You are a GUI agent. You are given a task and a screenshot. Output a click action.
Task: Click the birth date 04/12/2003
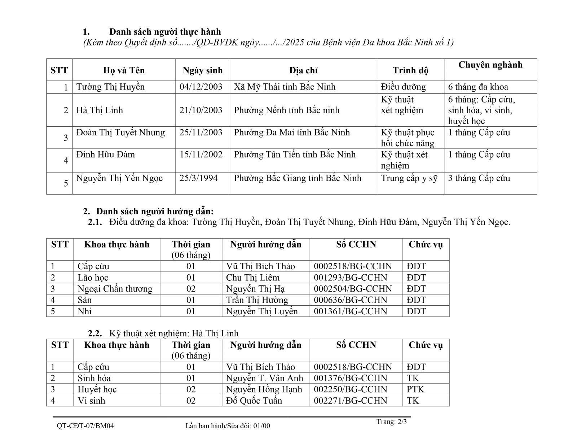(201, 87)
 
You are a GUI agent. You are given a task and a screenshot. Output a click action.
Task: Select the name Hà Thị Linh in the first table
(100, 110)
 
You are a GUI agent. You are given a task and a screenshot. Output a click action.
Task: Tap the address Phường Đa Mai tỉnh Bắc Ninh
(292, 132)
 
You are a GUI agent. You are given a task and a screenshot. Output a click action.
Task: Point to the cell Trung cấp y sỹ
(409, 178)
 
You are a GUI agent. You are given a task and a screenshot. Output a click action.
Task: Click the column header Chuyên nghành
(490, 65)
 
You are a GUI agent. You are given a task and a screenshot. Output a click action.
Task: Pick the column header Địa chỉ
(303, 70)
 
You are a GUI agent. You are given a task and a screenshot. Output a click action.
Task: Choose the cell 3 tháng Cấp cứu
(479, 178)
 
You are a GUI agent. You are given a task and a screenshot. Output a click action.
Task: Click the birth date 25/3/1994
(198, 178)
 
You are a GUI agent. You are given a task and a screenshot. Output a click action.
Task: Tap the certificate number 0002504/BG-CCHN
(352, 289)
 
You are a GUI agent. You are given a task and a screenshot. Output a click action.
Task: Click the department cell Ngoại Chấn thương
(115, 289)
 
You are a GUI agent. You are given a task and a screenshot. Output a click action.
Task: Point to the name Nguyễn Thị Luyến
(262, 311)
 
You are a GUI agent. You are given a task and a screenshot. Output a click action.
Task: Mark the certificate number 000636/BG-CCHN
(350, 300)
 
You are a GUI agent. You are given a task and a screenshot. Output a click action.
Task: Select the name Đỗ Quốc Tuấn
(254, 401)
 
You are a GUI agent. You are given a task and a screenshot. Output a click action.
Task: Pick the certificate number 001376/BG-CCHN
(350, 378)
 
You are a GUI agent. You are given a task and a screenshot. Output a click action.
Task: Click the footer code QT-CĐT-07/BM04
(85, 426)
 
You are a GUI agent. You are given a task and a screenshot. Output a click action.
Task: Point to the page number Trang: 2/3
(391, 422)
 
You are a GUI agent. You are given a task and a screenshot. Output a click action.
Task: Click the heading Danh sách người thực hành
(165, 32)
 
